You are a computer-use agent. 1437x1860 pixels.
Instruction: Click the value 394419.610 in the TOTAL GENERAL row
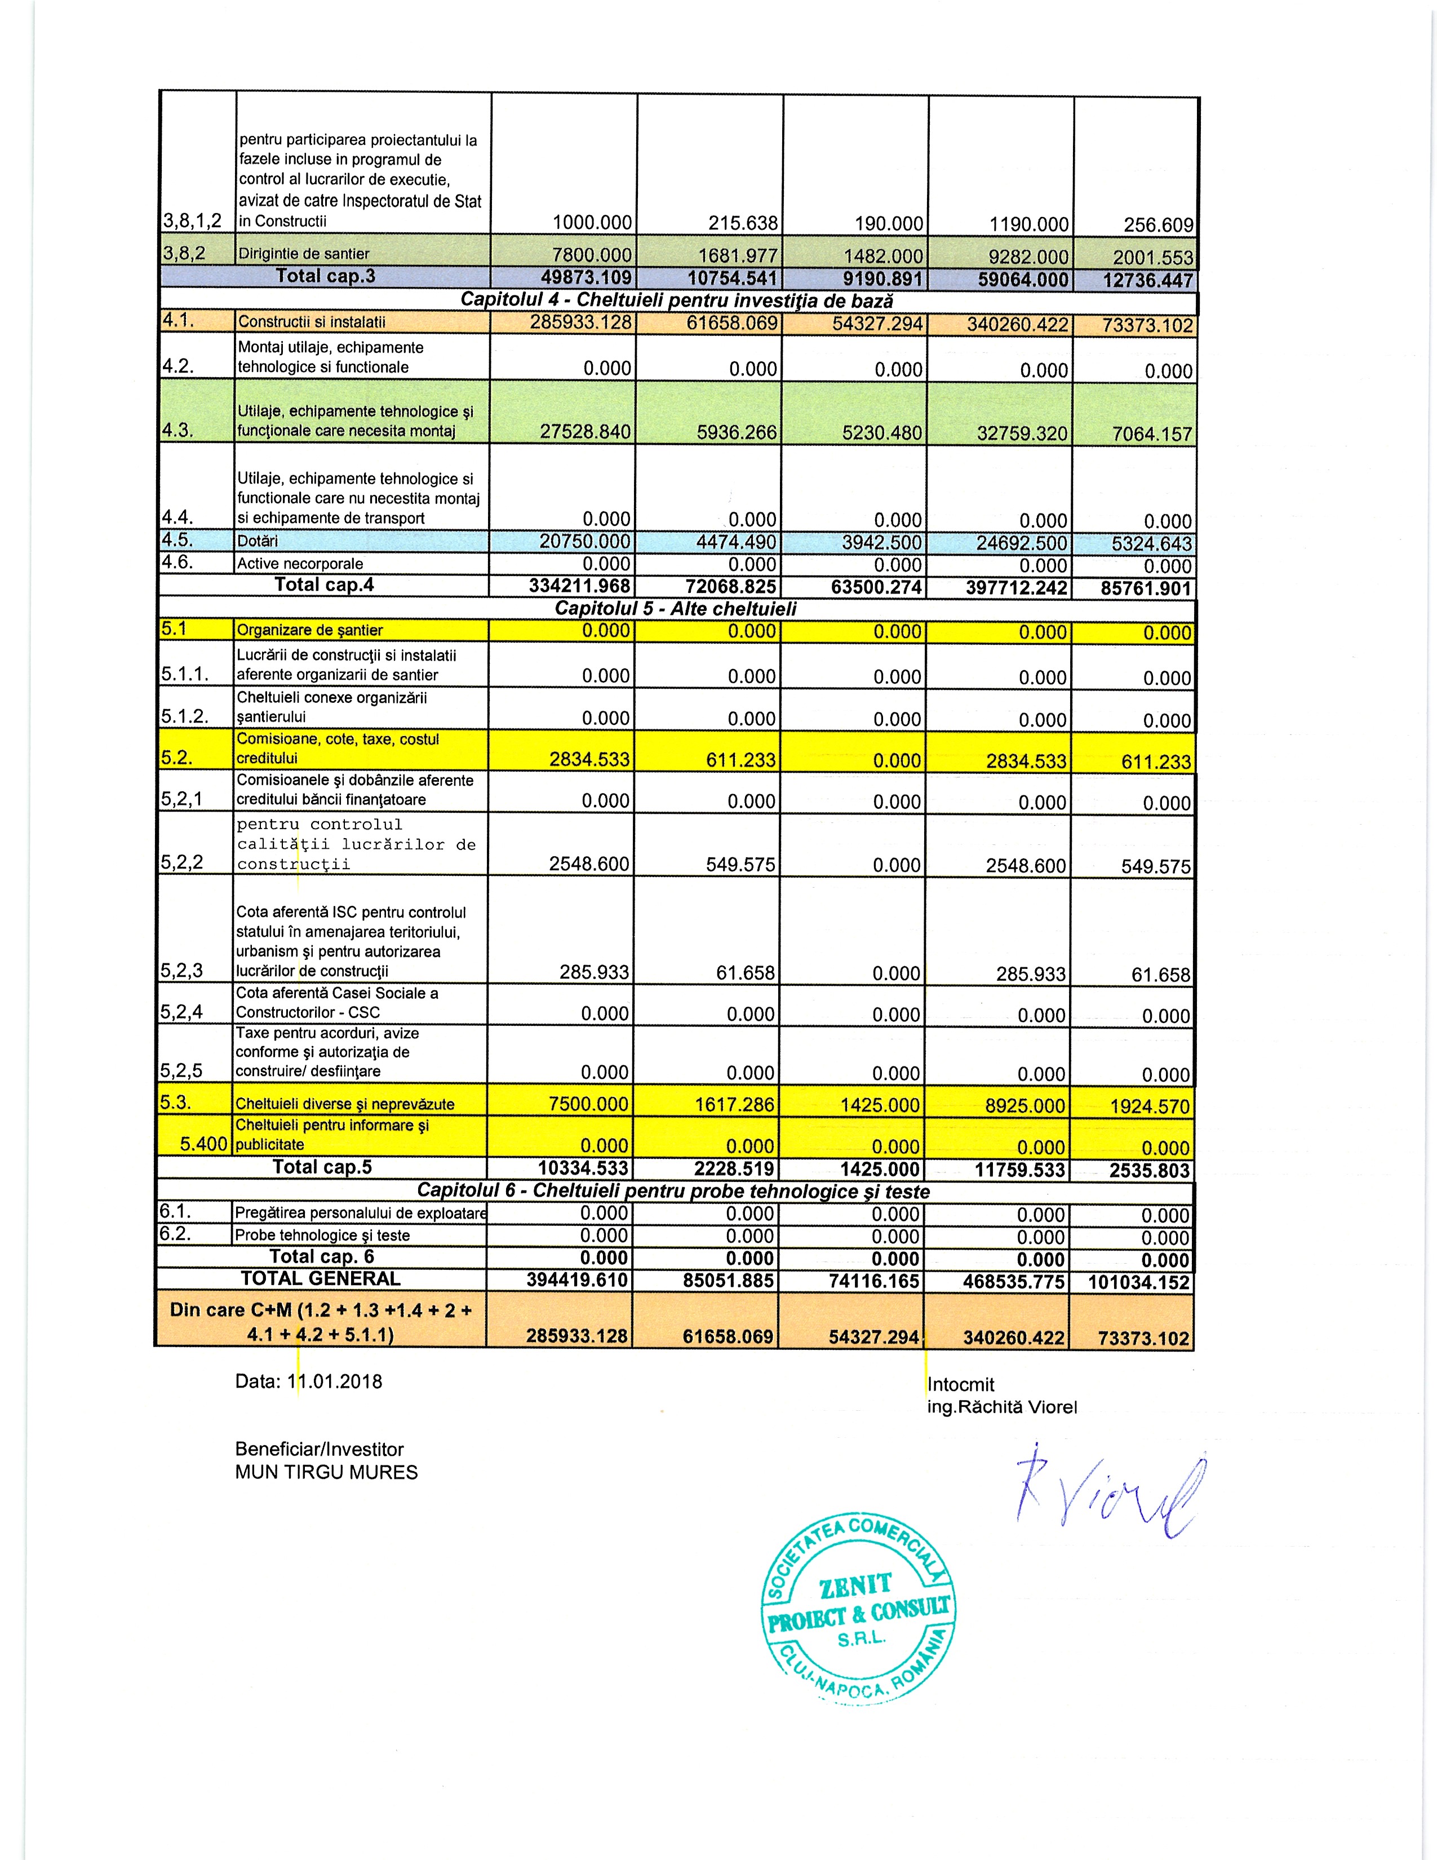pos(577,1280)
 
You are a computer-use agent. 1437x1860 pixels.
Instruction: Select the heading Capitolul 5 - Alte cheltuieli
pos(675,609)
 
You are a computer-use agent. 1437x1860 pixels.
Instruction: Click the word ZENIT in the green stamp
pos(855,1586)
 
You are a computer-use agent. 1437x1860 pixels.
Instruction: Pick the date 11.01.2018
pos(335,1381)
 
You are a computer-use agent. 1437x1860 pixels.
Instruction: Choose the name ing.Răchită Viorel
pos(1002,1407)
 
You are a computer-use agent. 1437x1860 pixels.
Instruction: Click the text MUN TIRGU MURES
pos(326,1472)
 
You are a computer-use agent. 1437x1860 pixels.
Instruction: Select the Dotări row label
pos(258,541)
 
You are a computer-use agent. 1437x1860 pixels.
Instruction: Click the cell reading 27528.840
pos(586,432)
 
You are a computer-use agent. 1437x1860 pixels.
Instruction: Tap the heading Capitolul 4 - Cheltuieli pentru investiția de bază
pos(677,300)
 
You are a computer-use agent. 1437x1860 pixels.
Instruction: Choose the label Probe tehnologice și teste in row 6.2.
pos(323,1235)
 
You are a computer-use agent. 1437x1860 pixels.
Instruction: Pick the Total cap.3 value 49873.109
pos(586,277)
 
